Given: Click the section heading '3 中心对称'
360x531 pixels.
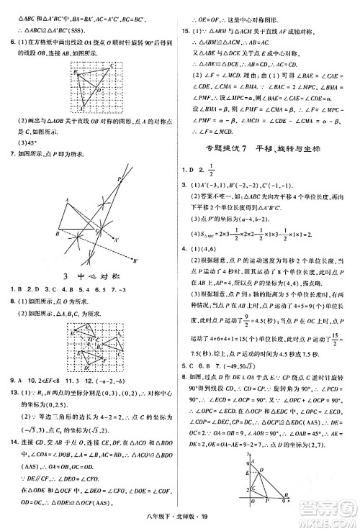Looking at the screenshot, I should pos(89,276).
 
